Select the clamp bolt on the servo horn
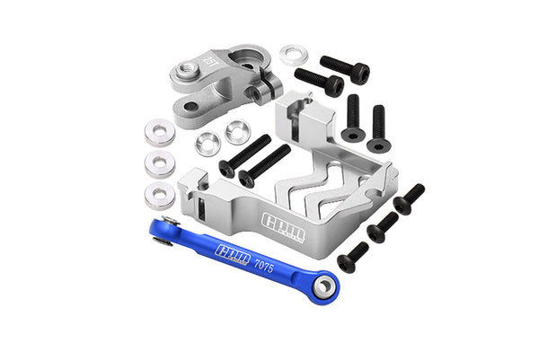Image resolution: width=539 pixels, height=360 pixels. [259, 91]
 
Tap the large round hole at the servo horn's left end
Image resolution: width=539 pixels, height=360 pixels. [190, 70]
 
